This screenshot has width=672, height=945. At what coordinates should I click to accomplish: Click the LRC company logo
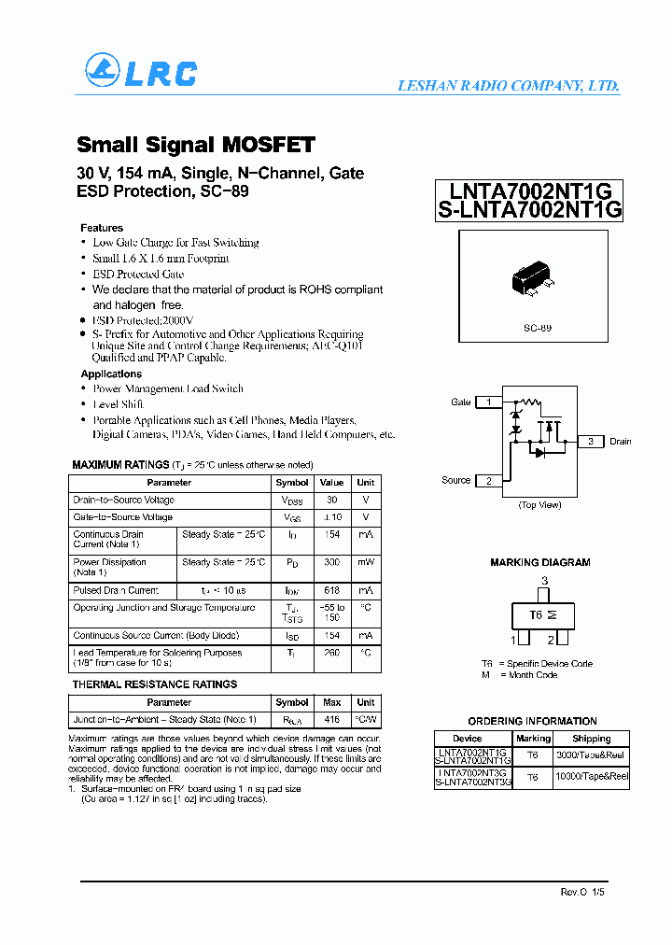[140, 72]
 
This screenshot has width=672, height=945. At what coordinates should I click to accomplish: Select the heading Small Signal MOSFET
[195, 145]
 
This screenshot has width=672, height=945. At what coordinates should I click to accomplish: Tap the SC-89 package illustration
[530, 281]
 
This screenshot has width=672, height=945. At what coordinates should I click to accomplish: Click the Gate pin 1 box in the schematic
[489, 402]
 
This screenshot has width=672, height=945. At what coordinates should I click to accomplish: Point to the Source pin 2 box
[489, 481]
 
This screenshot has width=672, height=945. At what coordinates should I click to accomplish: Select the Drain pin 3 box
[591, 442]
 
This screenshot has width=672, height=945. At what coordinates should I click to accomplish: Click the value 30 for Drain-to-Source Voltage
[331, 501]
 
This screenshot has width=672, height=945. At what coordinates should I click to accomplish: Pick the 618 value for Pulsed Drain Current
[331, 591]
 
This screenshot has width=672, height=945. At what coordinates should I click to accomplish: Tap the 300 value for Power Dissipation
[331, 563]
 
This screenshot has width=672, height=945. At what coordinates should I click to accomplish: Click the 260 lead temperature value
[331, 654]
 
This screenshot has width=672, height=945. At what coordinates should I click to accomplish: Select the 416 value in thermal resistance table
[331, 720]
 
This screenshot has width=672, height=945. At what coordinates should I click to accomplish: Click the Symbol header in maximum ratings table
[292, 483]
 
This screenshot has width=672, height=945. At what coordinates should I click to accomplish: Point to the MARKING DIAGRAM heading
[539, 563]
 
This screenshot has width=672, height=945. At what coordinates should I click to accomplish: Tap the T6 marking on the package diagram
[536, 615]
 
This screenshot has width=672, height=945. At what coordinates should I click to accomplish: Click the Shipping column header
[592, 739]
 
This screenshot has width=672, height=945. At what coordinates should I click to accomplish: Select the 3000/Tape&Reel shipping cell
[592, 754]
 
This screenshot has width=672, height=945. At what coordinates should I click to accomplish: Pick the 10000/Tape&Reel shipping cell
[592, 777]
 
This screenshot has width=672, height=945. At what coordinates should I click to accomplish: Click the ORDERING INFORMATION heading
[532, 722]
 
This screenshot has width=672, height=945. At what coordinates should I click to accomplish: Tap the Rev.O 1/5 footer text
[584, 893]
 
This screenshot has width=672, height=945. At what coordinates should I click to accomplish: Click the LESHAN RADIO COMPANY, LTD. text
[509, 86]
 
